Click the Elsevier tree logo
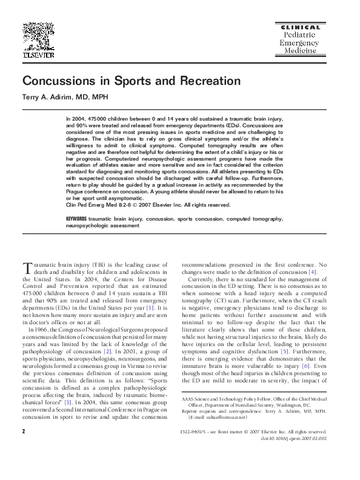[38, 35]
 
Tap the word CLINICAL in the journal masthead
[298, 27]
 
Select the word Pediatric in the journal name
[298, 36]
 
